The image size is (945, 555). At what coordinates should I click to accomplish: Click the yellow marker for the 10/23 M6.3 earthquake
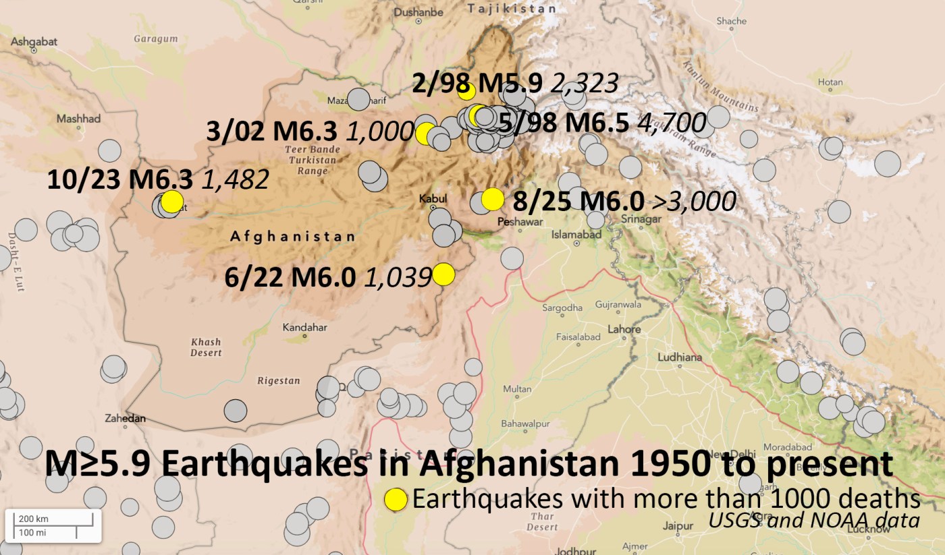[x=172, y=201]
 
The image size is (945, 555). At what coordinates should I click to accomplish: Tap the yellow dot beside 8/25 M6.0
[x=493, y=199]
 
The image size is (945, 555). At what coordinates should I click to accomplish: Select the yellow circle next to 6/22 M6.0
[x=443, y=274]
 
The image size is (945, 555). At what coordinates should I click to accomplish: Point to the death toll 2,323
[x=585, y=84]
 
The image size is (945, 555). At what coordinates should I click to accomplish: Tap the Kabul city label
[x=433, y=199]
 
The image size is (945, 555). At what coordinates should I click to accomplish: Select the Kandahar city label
[x=305, y=328]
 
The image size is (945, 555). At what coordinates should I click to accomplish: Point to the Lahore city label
[x=624, y=330]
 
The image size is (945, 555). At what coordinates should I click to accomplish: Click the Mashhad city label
[x=78, y=119]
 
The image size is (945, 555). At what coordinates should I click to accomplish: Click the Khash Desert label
[x=206, y=347]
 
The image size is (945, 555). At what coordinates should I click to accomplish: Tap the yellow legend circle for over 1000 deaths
[x=396, y=500]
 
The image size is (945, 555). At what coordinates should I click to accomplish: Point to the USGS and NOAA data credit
[x=813, y=521]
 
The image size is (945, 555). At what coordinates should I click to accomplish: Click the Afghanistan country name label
[x=292, y=237]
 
